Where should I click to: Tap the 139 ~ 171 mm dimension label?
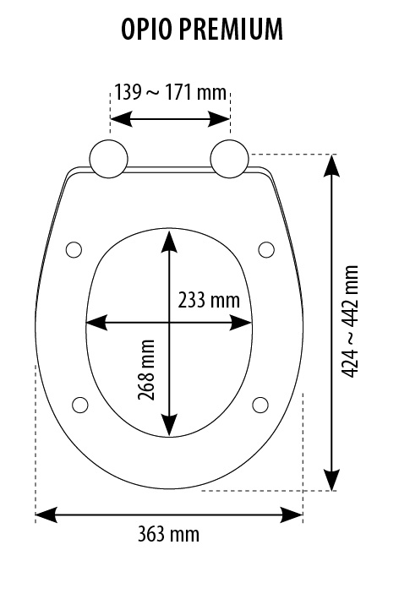point(171,92)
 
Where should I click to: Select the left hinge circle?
point(108,159)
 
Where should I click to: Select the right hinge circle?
point(230,159)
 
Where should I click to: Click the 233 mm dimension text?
point(209,300)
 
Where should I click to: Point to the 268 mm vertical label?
point(146,370)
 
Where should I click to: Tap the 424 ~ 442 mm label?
point(350,322)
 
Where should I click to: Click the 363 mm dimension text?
point(168,534)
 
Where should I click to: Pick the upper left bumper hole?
point(74,250)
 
